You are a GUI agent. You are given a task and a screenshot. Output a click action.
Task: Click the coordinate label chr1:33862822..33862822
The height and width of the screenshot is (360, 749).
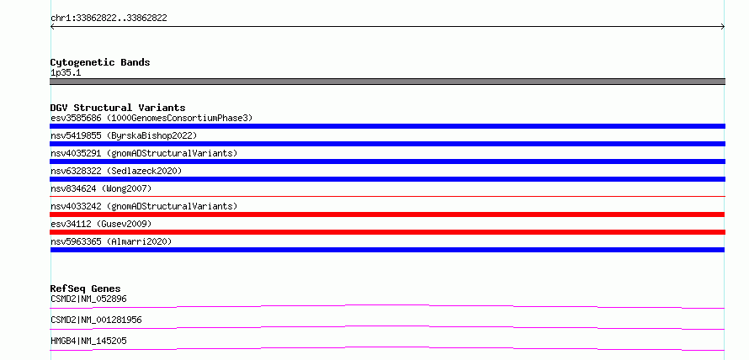tap(109, 19)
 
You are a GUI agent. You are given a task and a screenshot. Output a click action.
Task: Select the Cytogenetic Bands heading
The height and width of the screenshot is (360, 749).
tap(100, 62)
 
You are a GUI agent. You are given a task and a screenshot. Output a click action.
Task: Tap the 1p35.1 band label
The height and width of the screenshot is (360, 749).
tap(66, 73)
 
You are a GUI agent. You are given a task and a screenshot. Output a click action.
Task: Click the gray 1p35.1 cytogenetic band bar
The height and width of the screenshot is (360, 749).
tap(387, 82)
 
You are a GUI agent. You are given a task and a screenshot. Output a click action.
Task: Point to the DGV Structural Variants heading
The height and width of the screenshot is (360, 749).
tap(118, 108)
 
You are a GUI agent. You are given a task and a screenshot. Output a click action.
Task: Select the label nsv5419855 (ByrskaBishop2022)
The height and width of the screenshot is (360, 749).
tap(124, 135)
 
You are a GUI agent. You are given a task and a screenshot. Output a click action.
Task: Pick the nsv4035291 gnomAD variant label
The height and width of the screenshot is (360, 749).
tap(144, 153)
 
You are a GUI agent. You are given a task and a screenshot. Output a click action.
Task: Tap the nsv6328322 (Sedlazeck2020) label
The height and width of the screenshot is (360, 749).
tap(116, 171)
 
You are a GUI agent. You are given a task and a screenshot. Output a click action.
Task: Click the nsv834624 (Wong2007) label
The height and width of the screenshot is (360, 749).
tap(101, 188)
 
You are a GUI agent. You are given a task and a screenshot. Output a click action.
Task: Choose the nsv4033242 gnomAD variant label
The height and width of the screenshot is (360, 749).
tap(144, 206)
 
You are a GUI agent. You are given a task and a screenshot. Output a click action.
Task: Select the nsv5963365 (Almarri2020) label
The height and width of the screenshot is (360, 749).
tap(111, 241)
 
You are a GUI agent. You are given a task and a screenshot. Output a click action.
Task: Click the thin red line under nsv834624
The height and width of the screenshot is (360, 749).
tap(387, 196)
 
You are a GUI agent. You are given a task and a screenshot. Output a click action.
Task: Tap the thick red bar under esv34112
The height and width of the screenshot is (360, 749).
tap(387, 232)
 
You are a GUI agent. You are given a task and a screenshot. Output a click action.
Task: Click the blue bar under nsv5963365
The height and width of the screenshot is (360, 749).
tap(387, 250)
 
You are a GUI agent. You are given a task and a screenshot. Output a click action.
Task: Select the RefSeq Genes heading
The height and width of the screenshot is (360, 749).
tap(86, 289)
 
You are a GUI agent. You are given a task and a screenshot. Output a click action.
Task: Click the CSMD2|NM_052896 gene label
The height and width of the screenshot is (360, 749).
tap(88, 299)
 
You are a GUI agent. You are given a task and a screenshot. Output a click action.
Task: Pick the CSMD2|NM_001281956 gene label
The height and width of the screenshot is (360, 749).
tap(96, 320)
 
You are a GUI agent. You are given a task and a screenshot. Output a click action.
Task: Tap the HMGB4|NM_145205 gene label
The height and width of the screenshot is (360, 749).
tap(88, 341)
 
